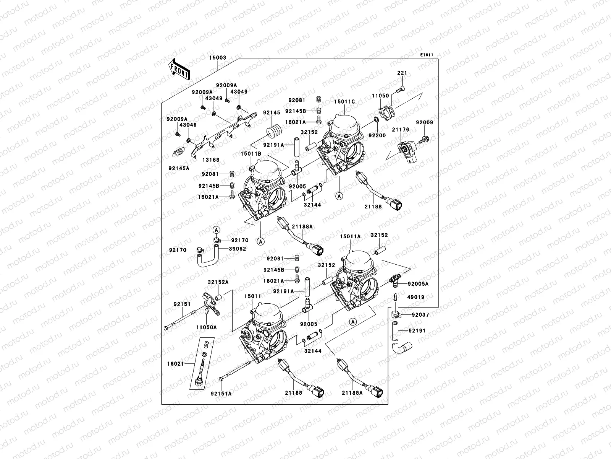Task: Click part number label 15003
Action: click(x=218, y=58)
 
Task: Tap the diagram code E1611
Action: click(x=427, y=55)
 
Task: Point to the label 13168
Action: click(x=211, y=160)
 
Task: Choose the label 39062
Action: click(x=238, y=249)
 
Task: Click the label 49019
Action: click(x=415, y=297)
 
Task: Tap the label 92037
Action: click(x=420, y=315)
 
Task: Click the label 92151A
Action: click(x=221, y=393)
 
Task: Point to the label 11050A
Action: click(x=207, y=327)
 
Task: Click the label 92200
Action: click(x=377, y=135)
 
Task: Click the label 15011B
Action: click(x=251, y=153)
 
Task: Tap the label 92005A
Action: click(x=418, y=284)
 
